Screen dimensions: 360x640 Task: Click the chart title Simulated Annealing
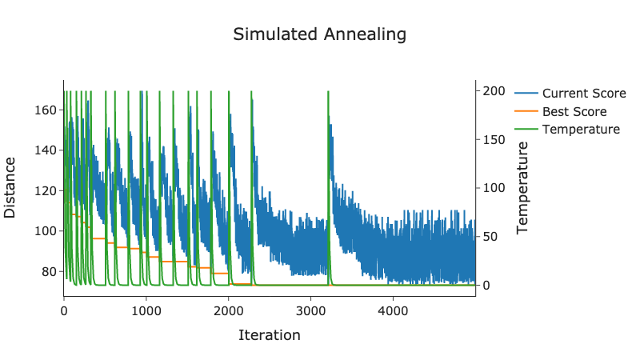pyautogui.click(x=319, y=35)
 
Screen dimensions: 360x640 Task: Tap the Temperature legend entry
pyautogui.click(x=580, y=130)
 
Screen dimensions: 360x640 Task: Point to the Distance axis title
pyautogui.click(x=10, y=188)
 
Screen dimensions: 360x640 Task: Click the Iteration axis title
pyautogui.click(x=270, y=335)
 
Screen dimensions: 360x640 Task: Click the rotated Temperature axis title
pyautogui.click(x=523, y=188)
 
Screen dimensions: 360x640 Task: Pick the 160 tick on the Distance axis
pyautogui.click(x=46, y=110)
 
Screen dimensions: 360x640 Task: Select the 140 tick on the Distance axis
pyautogui.click(x=46, y=150)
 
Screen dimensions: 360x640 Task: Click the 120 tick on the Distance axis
pyautogui.click(x=46, y=190)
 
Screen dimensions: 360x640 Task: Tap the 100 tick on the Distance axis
pyautogui.click(x=46, y=231)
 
